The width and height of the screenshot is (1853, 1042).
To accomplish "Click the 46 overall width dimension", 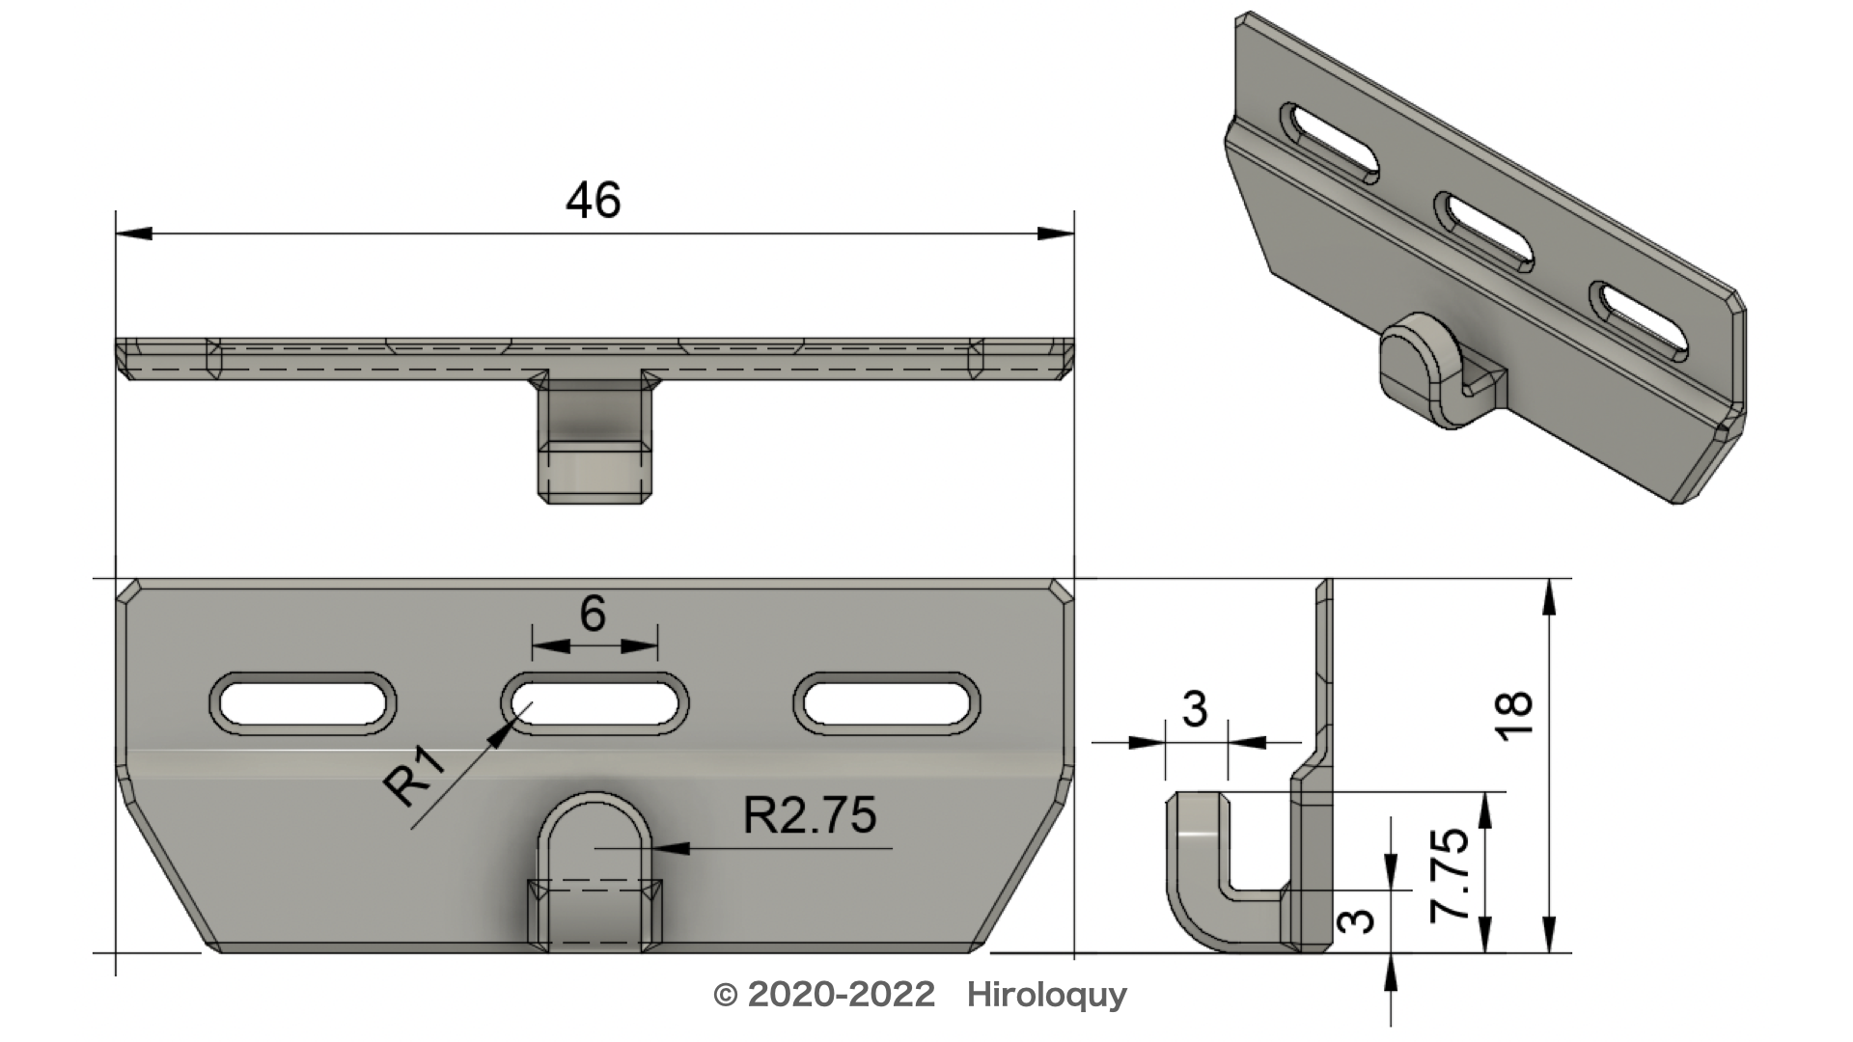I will pos(593,201).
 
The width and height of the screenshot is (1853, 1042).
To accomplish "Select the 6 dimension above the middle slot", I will pos(593,613).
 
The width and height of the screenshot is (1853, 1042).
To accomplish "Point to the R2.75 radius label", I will pos(810,816).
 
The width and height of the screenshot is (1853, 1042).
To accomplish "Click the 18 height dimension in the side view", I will pos(1516,716).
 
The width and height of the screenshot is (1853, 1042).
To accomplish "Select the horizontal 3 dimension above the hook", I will pos(1195,710).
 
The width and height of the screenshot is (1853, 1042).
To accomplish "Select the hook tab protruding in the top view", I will pos(593,444).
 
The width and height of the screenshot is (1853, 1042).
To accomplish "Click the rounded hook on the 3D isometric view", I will pos(1424,371).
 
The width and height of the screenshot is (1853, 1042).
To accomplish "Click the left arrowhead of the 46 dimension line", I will pos(133,233).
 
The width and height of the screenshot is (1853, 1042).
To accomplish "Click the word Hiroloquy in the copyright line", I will pos(1047,995).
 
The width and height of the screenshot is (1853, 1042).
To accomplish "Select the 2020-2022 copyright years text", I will pos(841,995).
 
